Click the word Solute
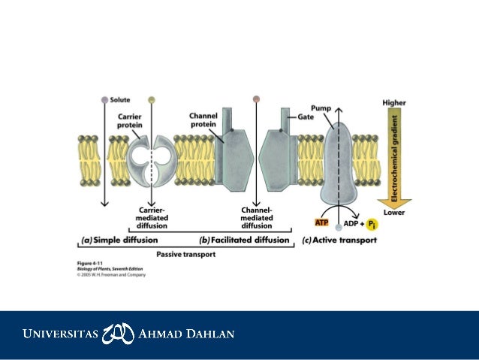[x=120, y=99]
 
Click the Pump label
[x=321, y=108]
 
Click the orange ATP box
[x=321, y=224]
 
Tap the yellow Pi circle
[x=371, y=225]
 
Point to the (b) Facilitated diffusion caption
[x=244, y=241]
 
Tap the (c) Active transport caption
[x=339, y=241]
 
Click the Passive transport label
[x=185, y=255]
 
